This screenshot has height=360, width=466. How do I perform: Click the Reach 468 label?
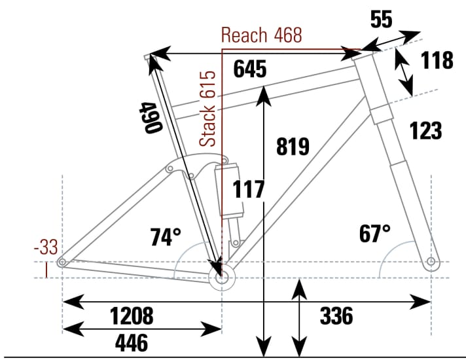[262, 35]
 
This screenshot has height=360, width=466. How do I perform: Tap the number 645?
[249, 68]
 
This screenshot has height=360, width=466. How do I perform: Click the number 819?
[292, 147]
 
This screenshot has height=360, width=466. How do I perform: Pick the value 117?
[249, 190]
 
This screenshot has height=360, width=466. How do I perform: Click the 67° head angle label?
[374, 232]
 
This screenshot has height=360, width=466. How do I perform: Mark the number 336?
[336, 316]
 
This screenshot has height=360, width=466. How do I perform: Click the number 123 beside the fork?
[426, 130]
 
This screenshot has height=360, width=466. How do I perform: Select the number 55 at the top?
[381, 20]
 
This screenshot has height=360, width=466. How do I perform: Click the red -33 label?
[47, 247]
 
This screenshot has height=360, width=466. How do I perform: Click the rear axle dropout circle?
[62, 262]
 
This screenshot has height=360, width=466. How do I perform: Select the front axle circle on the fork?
[431, 262]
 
